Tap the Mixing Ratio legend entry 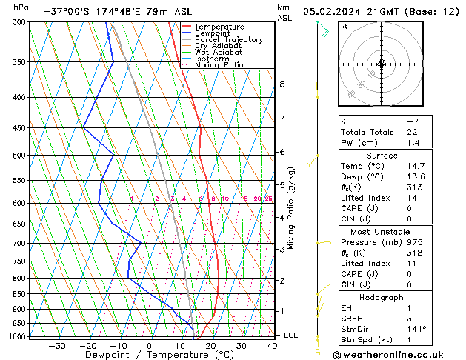pyautogui.click(x=219, y=65)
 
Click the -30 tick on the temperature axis pyautogui.click(x=57, y=345)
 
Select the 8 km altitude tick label pyautogui.click(x=282, y=84)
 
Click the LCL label pyautogui.click(x=291, y=336)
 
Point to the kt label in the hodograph pyautogui.click(x=344, y=26)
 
